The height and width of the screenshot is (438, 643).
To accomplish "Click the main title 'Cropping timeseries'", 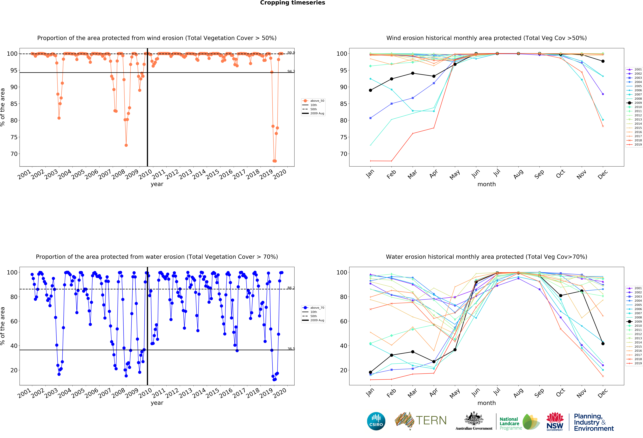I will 292,3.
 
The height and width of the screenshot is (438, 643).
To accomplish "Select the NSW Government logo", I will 555,421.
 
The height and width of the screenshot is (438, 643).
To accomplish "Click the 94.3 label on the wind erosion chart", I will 291,71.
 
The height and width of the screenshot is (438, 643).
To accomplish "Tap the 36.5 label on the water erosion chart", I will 291,349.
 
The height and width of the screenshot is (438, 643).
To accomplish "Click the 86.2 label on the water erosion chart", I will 291,288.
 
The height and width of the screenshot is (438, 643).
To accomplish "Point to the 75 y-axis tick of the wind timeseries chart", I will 14,137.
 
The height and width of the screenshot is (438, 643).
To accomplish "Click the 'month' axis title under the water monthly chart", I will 486,403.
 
